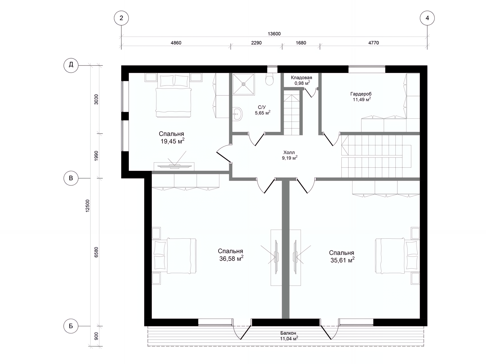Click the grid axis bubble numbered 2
pos(121,18)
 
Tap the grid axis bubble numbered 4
pos(427,18)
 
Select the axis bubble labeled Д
pos(71,65)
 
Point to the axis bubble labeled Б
pos(71,326)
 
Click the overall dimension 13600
pos(274,34)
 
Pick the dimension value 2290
pos(256,43)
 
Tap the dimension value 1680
pos(301,43)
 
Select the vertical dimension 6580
pos(96,252)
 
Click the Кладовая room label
pos(301,78)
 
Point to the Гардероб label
pos(361,94)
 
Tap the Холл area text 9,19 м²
pos(290,158)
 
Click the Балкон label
pos(288,333)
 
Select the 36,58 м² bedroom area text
pos(231,259)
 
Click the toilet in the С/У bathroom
pos(270,79)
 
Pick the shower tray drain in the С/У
pos(244,84)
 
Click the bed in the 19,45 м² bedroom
pos(174,96)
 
